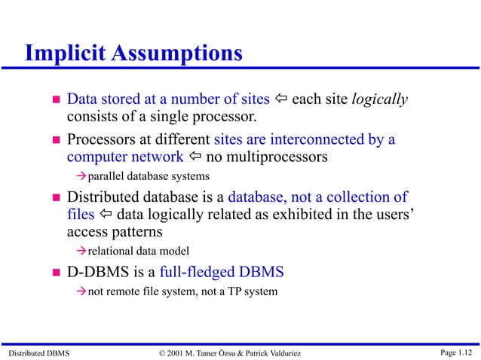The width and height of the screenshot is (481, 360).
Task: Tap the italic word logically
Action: [380, 99]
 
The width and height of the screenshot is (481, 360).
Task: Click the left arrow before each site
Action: [280, 100]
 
